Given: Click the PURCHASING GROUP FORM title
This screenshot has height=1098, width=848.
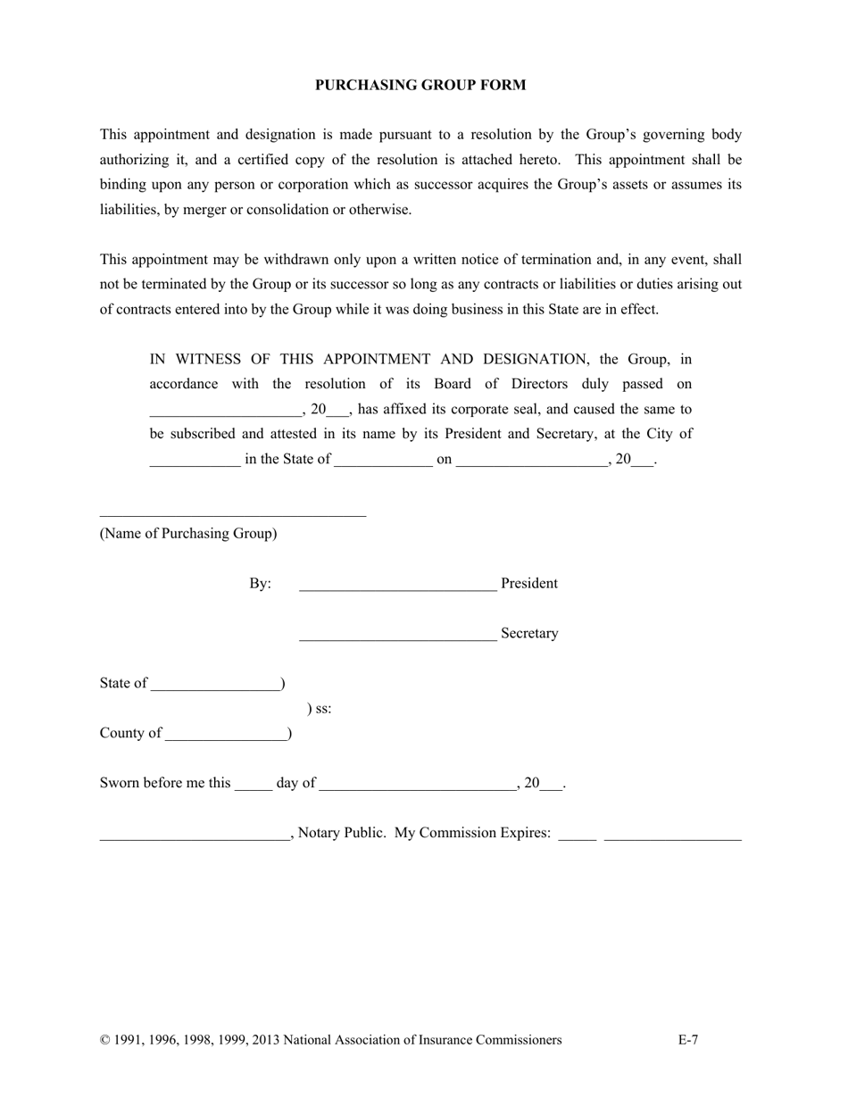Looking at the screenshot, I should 420,85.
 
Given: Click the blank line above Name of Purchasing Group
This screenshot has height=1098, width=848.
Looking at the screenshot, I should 232,514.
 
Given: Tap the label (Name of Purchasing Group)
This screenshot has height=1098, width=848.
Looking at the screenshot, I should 188,534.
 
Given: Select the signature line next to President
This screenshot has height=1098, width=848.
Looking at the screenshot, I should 397,589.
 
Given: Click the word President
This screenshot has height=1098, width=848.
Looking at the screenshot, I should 529,584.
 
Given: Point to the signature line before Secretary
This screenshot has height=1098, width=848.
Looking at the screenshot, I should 397,639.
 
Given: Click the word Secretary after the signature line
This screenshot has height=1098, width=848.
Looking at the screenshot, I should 529,634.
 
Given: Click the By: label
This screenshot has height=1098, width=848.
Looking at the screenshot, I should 260,584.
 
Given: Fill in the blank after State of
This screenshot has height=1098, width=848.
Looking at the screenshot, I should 215,689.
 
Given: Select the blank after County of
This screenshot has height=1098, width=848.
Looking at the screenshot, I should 226,739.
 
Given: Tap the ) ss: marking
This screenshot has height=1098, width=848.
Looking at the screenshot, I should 320,709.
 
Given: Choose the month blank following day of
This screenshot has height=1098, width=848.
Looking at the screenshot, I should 417,789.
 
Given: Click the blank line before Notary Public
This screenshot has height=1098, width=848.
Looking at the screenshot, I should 194,839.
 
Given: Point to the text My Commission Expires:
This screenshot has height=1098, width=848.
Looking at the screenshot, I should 472,833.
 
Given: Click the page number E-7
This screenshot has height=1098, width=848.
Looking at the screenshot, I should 688,1040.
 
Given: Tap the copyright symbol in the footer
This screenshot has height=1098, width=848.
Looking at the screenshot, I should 104,1040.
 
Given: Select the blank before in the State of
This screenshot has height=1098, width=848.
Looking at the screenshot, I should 195,466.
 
